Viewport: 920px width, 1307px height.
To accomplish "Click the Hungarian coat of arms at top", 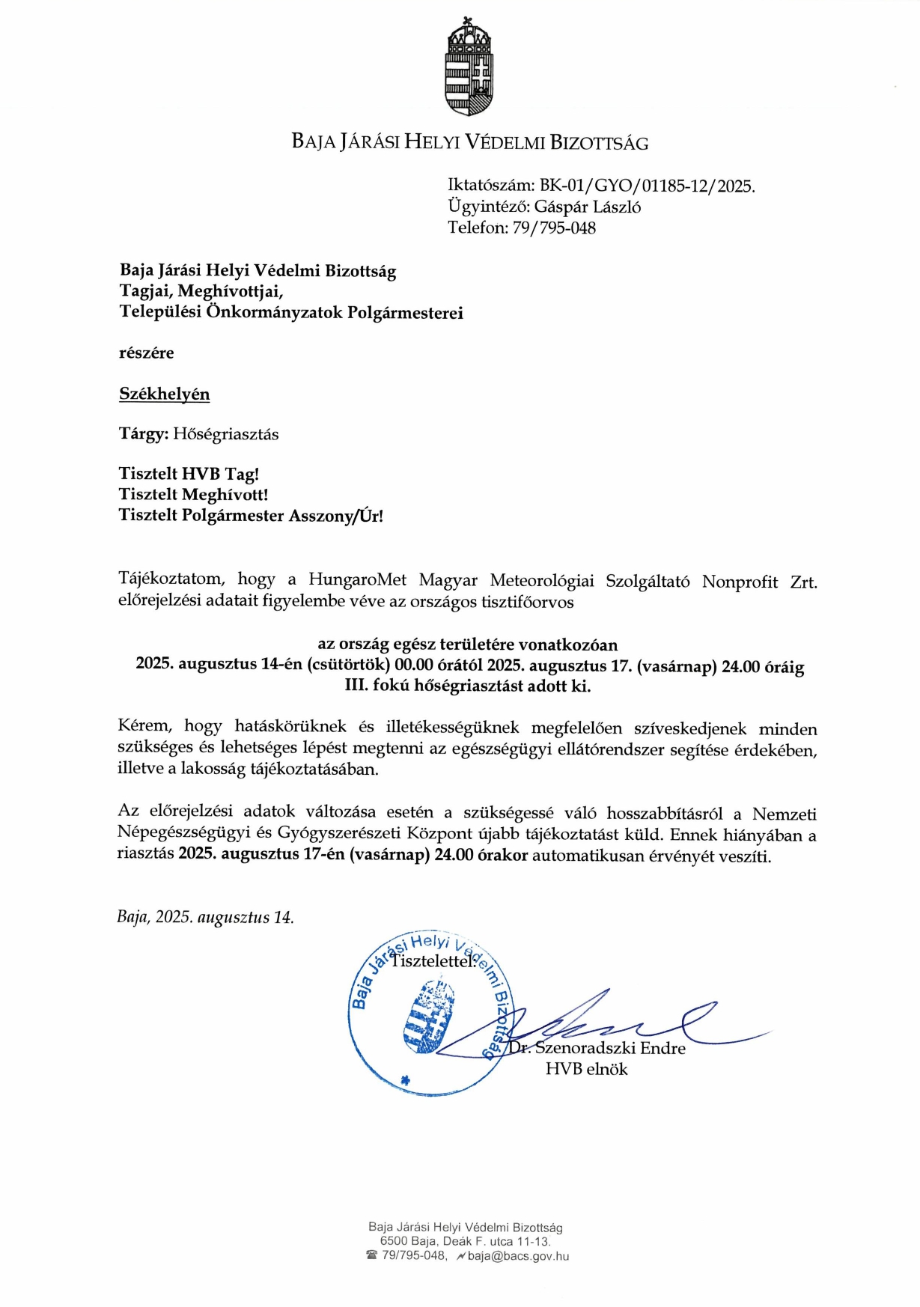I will point(469,67).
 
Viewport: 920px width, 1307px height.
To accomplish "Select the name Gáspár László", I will point(587,207).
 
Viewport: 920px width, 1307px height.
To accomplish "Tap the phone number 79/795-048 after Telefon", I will point(554,228).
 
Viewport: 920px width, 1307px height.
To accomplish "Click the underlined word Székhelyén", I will point(164,394).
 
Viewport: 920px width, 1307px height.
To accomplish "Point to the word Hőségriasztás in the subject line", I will point(225,434).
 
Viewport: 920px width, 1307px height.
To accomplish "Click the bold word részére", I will point(146,353).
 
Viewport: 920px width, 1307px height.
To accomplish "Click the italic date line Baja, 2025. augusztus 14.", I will point(205,917).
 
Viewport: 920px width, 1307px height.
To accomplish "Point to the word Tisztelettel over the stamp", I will point(433,961).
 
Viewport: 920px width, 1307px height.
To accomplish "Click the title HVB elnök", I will point(586,1070).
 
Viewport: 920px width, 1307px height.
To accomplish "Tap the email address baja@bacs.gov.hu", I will point(518,1256).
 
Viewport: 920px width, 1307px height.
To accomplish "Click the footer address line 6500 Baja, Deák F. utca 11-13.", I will point(465,1241).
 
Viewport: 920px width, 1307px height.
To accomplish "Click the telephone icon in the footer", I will point(371,1255).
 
